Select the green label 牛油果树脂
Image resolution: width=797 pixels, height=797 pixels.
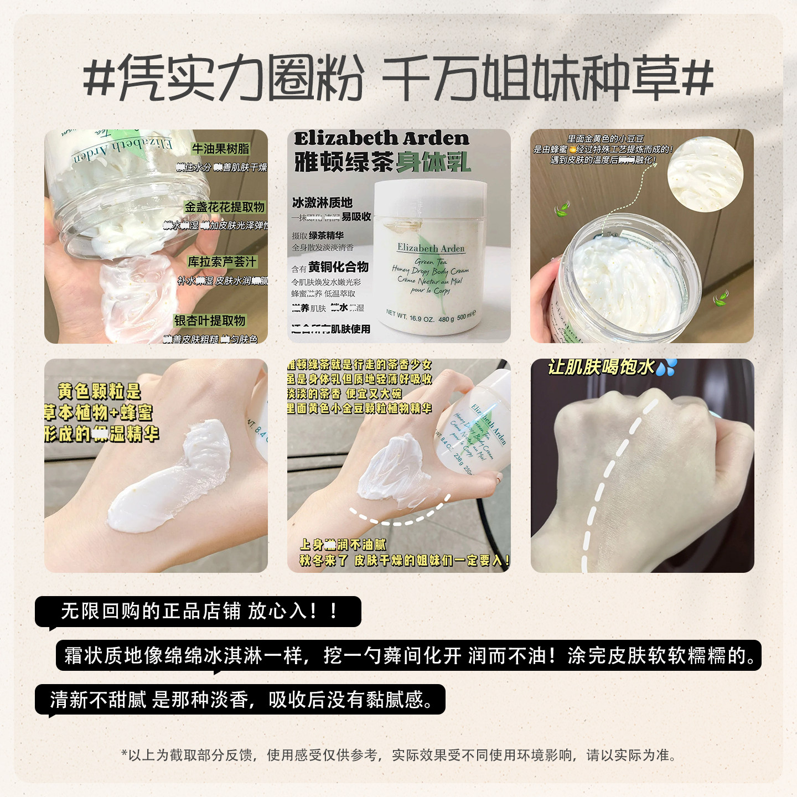pos(220,149)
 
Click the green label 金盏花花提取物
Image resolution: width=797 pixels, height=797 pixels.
pos(225,207)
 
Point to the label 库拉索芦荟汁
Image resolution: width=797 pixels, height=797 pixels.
pos(222,262)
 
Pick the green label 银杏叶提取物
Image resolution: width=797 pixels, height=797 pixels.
pos(210,320)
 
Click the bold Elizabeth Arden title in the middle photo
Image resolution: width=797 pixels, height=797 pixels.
pos(381,138)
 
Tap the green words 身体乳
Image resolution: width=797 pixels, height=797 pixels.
pos(433,162)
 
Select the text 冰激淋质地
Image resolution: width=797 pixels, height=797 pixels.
pos(322,203)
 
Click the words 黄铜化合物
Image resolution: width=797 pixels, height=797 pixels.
pos(338,267)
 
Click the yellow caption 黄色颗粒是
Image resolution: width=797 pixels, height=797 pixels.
pos(100,391)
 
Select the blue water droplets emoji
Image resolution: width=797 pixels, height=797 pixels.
pos(666,367)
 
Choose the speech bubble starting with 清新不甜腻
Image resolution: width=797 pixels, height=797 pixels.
pos(241,700)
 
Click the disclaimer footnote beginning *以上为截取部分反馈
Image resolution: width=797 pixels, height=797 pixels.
pos(398,755)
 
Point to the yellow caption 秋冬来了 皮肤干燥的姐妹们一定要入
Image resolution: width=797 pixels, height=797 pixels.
pos(404,560)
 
